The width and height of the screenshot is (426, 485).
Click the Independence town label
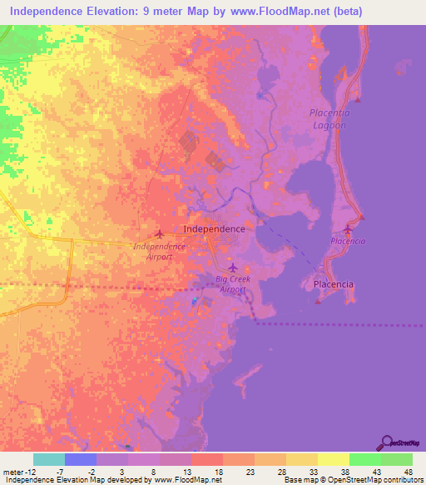tap(214, 228)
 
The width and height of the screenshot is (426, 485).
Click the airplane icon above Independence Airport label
tap(159, 233)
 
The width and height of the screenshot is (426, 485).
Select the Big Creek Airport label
tap(232, 283)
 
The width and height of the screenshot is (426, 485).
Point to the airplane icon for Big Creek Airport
tap(233, 267)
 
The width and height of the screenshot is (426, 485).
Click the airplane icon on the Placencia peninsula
tap(348, 229)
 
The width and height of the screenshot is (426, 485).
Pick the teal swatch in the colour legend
tap(49, 459)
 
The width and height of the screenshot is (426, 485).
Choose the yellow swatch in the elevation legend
tap(333, 459)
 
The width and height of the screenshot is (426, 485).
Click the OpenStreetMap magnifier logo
tap(386, 442)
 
